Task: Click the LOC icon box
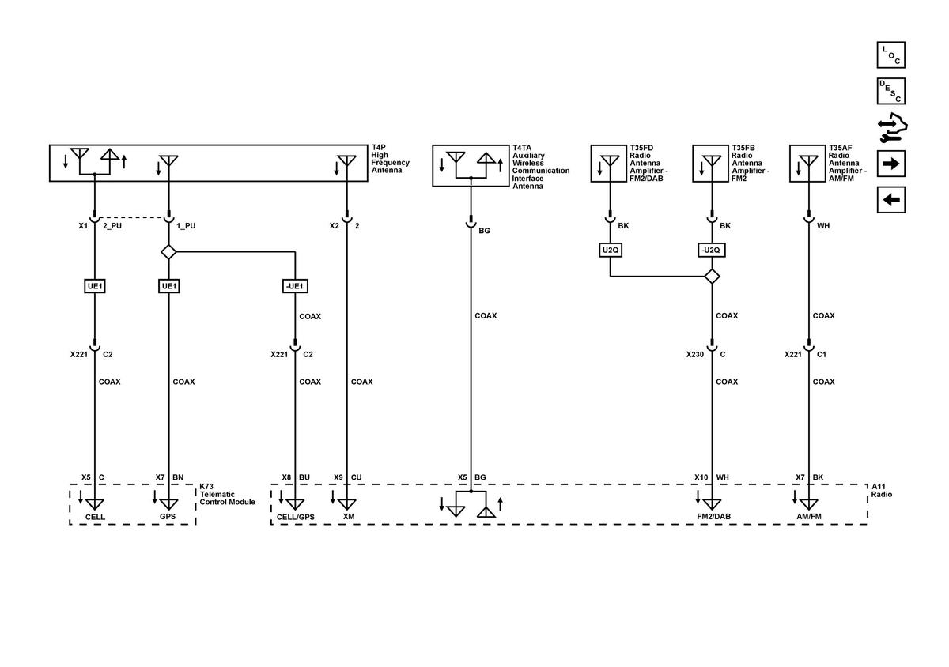[x=891, y=55]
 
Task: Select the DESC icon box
[x=891, y=91]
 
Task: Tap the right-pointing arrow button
[x=891, y=164]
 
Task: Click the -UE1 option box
[x=295, y=286]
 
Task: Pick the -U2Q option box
[x=711, y=250]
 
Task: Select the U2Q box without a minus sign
[x=610, y=250]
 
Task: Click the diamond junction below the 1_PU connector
[x=168, y=252]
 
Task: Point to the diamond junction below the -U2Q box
[x=712, y=277]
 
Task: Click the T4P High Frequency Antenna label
[x=390, y=159]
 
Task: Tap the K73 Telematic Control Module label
[x=227, y=494]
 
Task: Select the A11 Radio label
[x=881, y=491]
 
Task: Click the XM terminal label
[x=349, y=517]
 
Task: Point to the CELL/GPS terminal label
[x=295, y=517]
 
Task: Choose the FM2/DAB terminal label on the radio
[x=714, y=517]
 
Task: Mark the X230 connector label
[x=695, y=355]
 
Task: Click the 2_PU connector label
[x=112, y=226]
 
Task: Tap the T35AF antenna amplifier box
[x=807, y=164]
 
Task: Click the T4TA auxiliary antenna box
[x=471, y=166]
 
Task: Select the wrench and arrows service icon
[x=892, y=127]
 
